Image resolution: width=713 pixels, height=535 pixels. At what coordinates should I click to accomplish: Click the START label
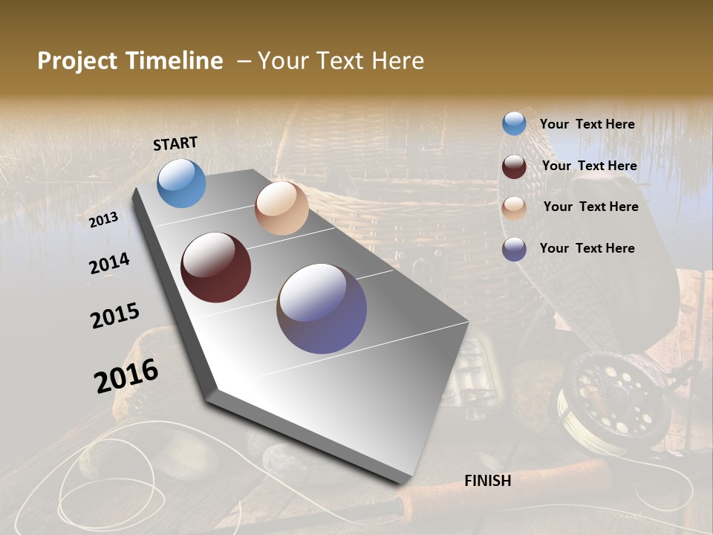[x=175, y=143]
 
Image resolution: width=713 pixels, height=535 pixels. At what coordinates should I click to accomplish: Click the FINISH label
[x=487, y=481]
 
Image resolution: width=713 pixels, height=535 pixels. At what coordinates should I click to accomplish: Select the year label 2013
[x=104, y=220]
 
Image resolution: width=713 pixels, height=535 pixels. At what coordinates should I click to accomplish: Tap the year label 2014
[x=109, y=264]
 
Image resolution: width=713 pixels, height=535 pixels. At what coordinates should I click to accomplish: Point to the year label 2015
[x=115, y=316]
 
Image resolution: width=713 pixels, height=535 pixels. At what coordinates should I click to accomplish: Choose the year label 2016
[x=126, y=375]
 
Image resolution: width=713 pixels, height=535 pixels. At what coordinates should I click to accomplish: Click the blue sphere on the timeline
[x=182, y=184]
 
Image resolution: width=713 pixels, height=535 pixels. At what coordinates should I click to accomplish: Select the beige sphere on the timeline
[x=281, y=208]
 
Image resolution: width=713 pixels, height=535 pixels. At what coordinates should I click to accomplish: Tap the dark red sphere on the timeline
[x=216, y=267]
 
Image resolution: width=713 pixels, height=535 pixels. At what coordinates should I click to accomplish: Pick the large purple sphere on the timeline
[x=322, y=308]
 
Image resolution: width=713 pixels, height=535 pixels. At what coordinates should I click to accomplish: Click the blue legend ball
[x=514, y=124]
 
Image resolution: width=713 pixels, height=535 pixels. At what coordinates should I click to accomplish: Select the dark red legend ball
[x=514, y=166]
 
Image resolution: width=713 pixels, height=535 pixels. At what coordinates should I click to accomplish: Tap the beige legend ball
[x=514, y=207]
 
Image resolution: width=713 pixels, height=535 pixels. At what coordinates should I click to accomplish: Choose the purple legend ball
[x=514, y=249]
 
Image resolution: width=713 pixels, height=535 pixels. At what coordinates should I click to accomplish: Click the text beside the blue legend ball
[x=587, y=124]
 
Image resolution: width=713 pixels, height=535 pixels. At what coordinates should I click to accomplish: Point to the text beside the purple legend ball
[x=587, y=248]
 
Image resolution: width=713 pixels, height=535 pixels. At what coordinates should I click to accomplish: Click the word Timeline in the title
[x=175, y=61]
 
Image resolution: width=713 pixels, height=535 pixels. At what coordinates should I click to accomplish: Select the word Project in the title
[x=76, y=61]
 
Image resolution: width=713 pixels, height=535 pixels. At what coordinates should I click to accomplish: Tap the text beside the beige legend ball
[x=590, y=207]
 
